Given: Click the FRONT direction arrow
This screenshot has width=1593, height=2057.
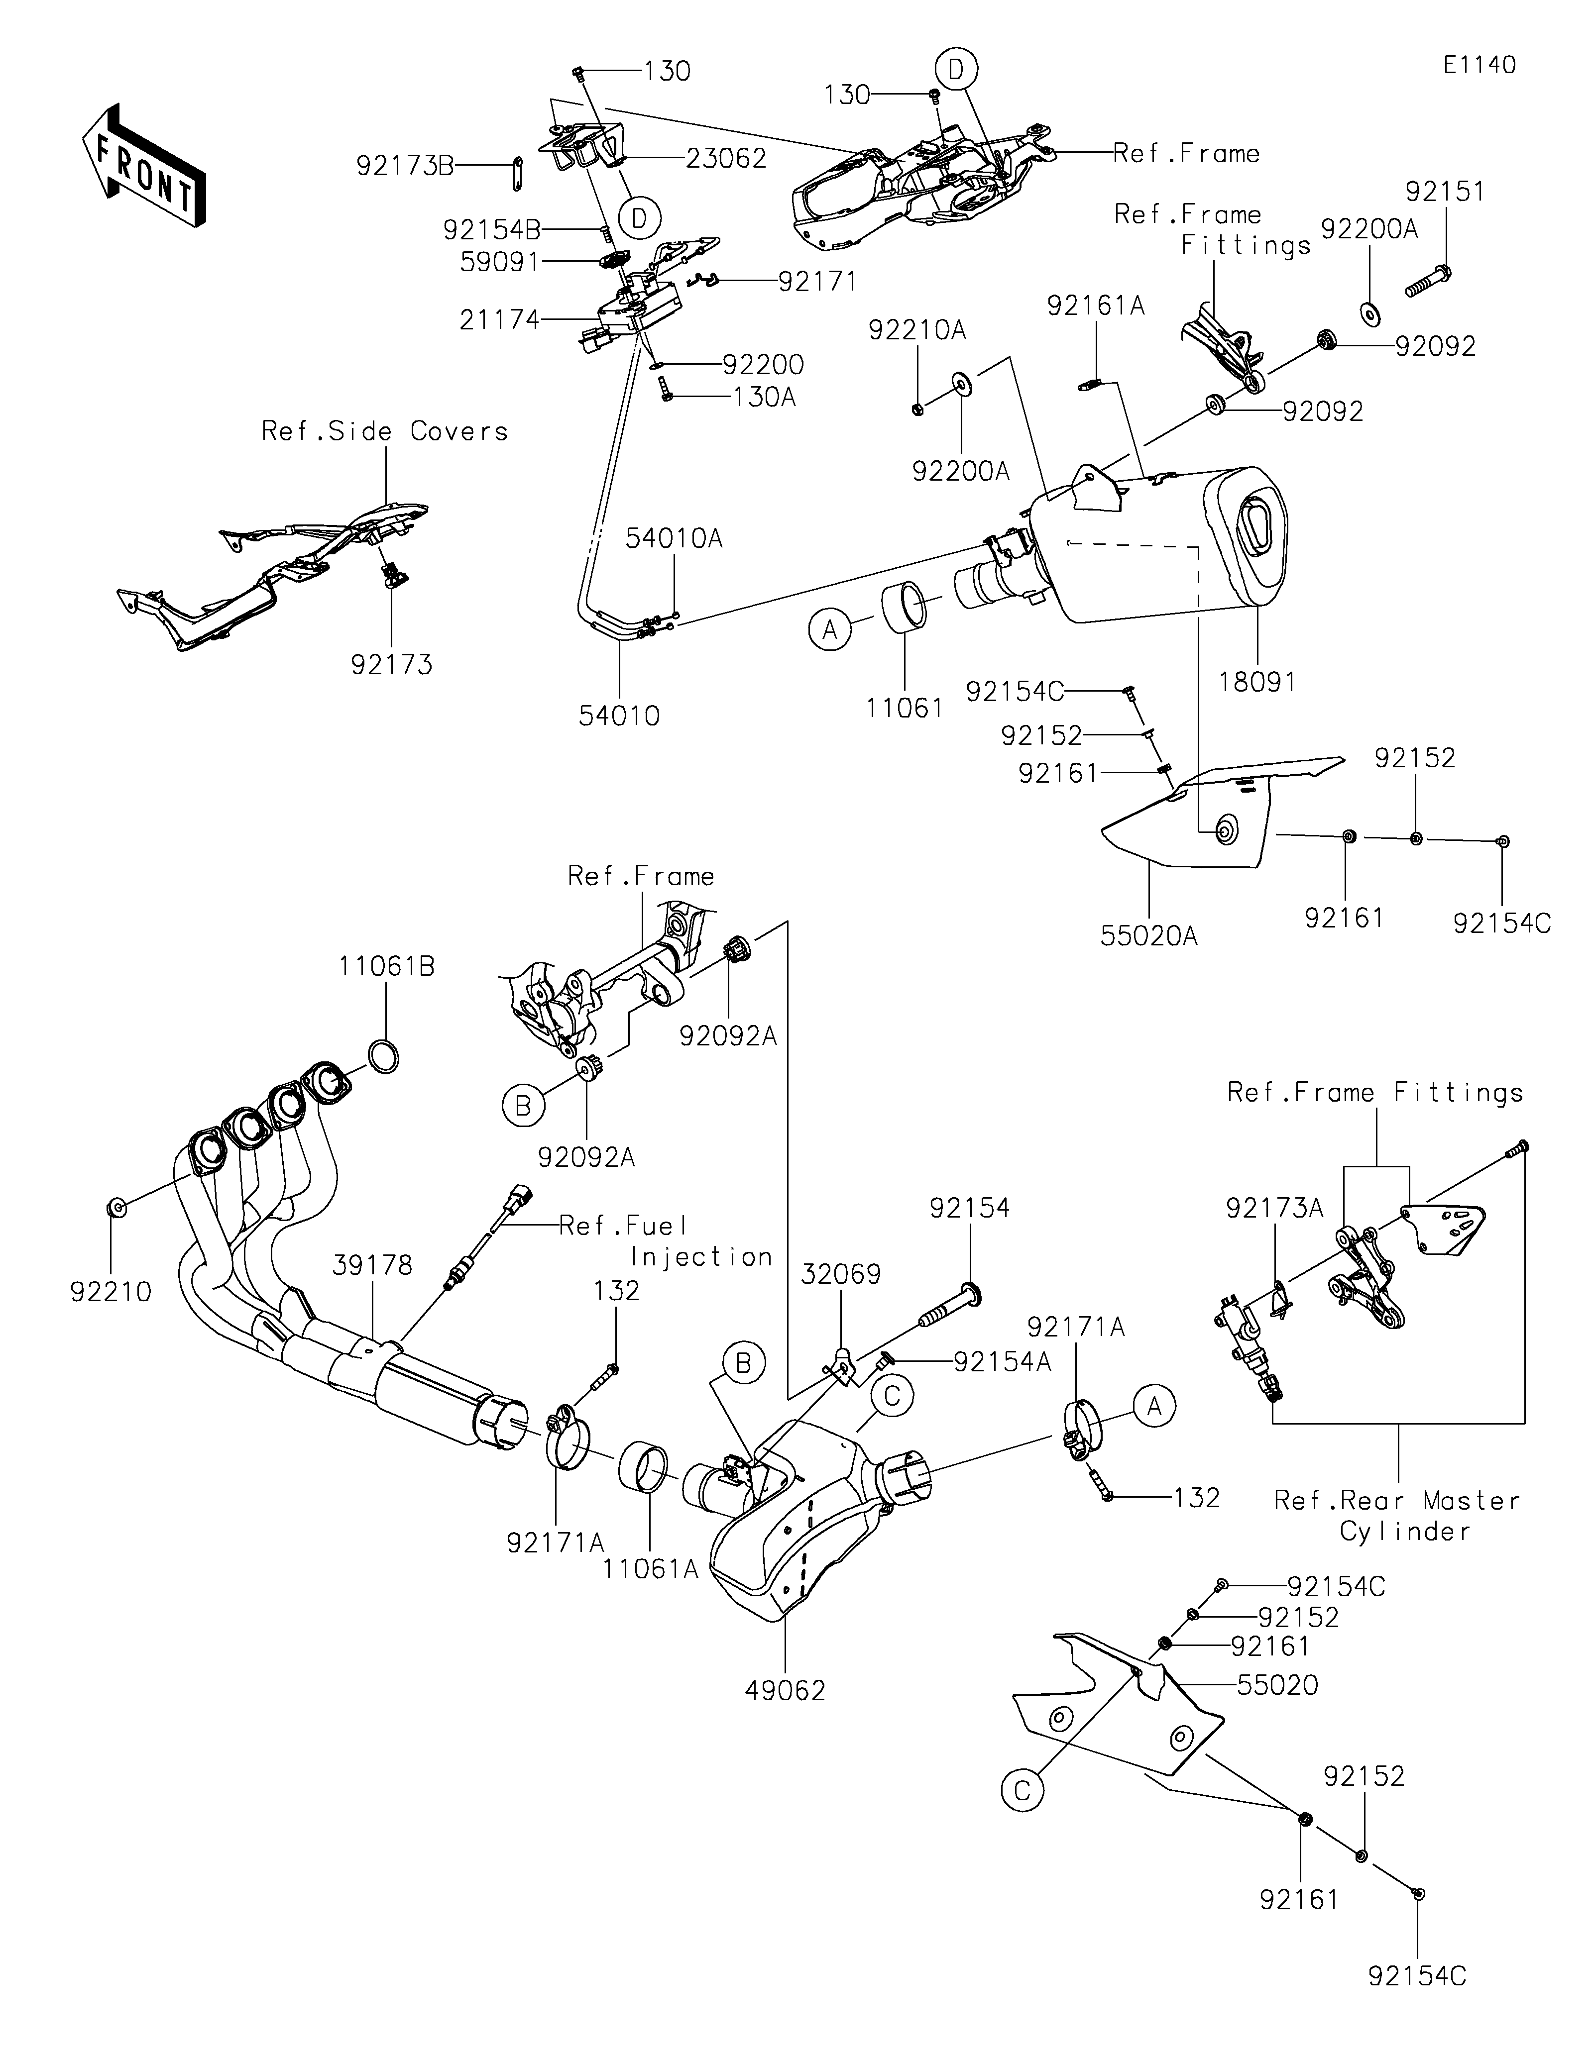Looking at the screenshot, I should coord(143,166).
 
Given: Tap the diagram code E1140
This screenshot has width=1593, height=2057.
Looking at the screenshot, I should coord(1480,65).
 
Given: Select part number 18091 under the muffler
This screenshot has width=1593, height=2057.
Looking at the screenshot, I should coord(1257,682).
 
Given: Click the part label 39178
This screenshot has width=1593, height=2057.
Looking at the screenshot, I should coord(372,1266).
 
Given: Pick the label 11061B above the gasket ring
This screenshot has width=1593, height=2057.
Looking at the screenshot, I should coord(387,967).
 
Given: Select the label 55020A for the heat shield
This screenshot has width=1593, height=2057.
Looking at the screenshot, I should coord(1148,936).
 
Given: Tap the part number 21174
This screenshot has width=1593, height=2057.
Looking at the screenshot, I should coord(499,321).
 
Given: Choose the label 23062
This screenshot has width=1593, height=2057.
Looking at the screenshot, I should coord(725,158).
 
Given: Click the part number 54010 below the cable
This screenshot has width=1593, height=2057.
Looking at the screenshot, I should coord(619,716).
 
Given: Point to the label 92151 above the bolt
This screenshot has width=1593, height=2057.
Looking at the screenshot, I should coord(1445,192).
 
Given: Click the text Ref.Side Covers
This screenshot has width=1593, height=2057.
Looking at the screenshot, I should coord(384,431).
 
